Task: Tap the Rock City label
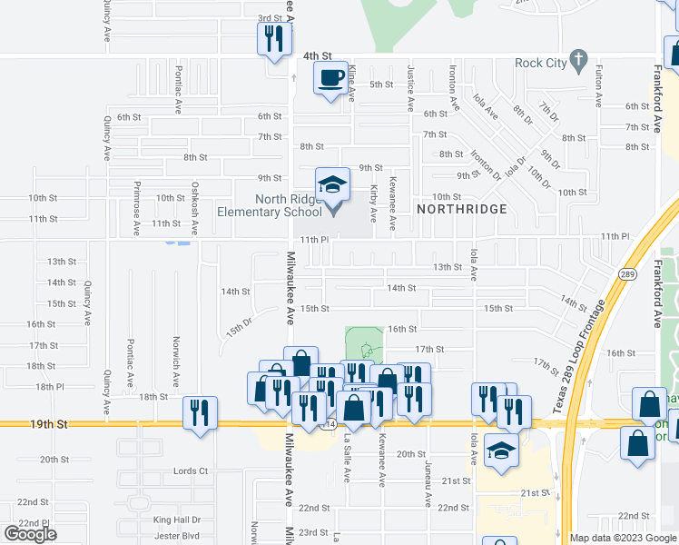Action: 540,63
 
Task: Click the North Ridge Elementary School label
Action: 270,205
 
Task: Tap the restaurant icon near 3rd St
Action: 272,39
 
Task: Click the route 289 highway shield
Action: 627,273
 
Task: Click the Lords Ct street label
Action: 190,471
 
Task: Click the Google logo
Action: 30,534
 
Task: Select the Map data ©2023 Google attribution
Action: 623,538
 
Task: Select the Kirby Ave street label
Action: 373,204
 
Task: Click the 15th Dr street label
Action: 239,327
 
